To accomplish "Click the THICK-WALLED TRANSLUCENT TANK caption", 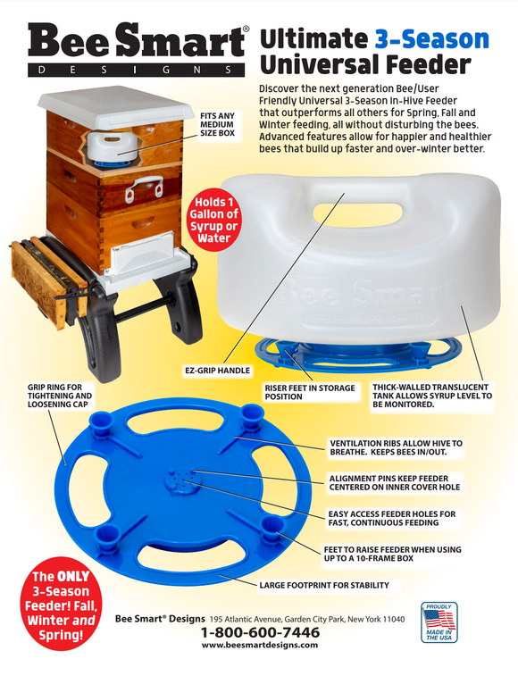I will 432,393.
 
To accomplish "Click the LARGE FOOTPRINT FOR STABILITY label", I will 323,586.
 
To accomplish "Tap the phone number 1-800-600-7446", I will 260,632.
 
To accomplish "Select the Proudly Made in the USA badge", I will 439,622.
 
